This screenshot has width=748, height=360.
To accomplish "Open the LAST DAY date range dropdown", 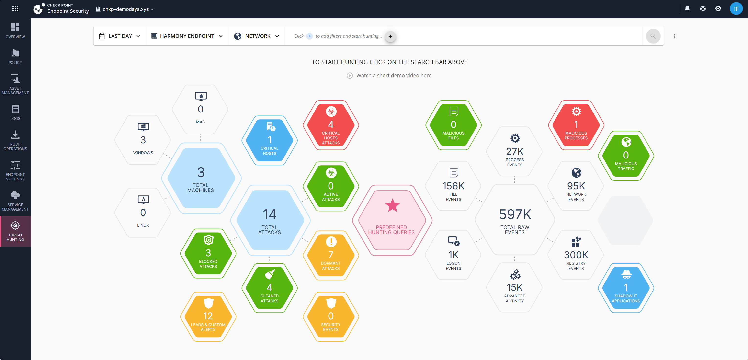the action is [x=120, y=36].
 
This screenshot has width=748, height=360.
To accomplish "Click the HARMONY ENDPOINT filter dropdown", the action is [x=187, y=36].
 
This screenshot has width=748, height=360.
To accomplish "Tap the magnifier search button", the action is [x=653, y=36].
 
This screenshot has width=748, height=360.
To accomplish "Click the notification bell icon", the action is [x=687, y=9].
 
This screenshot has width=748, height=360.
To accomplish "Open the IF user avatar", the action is [x=736, y=9].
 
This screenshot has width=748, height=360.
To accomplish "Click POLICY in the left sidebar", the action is [x=15, y=56].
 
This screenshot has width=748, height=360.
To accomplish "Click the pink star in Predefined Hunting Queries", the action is [x=392, y=205].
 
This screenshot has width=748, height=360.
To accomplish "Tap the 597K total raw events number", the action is [x=515, y=214].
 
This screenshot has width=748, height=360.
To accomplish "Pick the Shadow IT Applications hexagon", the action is [x=626, y=288].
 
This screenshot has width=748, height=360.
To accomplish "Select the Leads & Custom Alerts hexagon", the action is [x=208, y=317].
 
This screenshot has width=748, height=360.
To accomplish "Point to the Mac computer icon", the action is [x=201, y=96].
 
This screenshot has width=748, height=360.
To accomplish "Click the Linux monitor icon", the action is [x=143, y=200].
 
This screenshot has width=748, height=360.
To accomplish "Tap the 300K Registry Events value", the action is [x=576, y=255].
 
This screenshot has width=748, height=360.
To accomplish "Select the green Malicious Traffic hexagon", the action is [x=626, y=156].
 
